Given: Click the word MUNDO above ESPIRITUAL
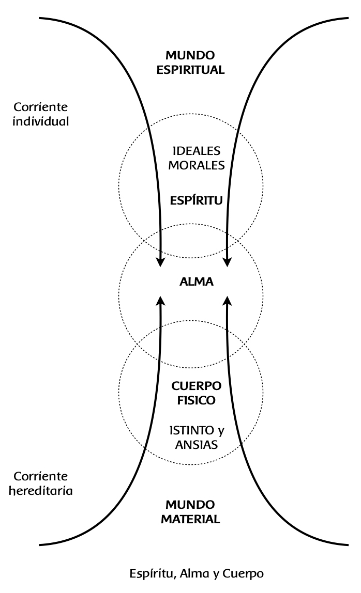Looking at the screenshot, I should pos(190,55).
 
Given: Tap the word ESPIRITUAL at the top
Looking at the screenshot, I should pos(190,70).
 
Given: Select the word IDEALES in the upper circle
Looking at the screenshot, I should pos(196,151).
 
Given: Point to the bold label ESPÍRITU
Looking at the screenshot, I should pos(196,200).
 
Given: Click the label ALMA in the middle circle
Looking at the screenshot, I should pos(196,282).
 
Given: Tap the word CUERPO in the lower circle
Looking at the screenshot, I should pos(196,386).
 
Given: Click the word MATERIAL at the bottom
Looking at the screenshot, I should pos(190,519).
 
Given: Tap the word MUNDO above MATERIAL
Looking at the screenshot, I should pos(190,504).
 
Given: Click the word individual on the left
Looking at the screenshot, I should pos(41,122).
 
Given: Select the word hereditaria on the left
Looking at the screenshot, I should pos(42,490).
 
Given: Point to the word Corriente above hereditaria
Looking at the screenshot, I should pos(41,475).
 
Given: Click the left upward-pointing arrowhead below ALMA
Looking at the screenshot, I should pos(161,301).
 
